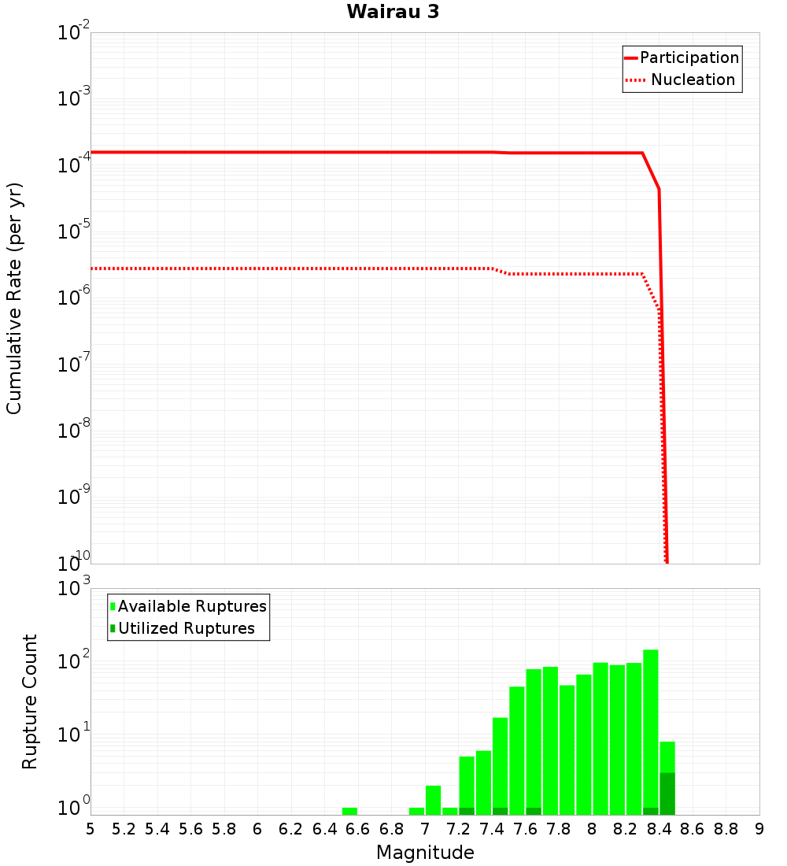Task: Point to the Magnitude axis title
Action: (x=425, y=853)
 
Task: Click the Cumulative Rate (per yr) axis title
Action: (x=14, y=298)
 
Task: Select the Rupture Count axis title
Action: (x=30, y=701)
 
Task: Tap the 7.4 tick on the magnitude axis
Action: (x=492, y=829)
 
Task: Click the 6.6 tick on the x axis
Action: (x=358, y=829)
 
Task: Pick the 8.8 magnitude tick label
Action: (x=726, y=829)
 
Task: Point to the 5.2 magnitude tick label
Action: (x=124, y=829)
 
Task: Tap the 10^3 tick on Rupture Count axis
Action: (x=76, y=589)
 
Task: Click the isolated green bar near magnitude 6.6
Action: (x=349, y=811)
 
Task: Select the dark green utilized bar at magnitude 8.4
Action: (x=667, y=794)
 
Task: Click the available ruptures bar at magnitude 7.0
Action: (x=433, y=800)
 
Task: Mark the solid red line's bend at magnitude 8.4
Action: (x=659, y=190)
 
